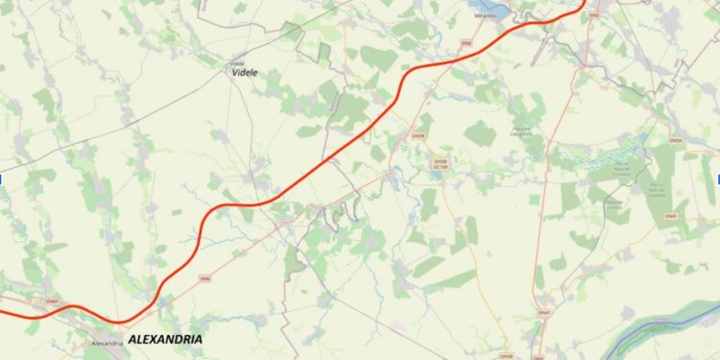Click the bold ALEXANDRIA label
click(164, 340)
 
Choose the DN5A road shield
click(675, 142)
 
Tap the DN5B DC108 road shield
click(441, 164)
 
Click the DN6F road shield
click(52, 301)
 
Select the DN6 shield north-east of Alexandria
click(204, 278)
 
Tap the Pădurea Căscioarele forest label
click(548, 131)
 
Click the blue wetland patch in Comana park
click(615, 154)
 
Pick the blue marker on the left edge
click(2, 180)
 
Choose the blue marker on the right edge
click(717, 180)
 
